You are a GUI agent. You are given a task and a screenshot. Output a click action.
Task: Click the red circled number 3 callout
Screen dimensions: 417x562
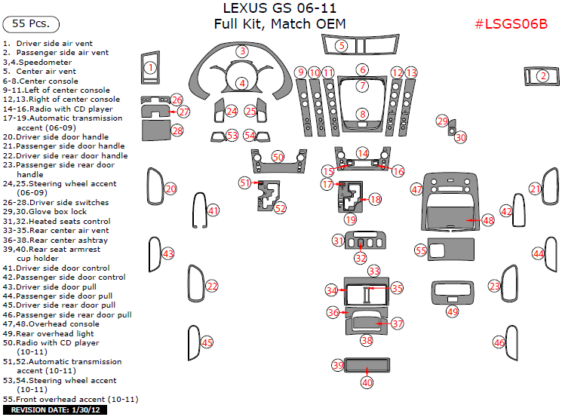(241, 51)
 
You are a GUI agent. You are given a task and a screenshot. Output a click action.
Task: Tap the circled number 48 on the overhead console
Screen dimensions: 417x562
(488, 220)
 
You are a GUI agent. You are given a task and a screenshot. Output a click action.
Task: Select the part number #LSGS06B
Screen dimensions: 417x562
(510, 23)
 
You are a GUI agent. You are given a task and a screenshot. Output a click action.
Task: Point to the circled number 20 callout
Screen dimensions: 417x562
(171, 189)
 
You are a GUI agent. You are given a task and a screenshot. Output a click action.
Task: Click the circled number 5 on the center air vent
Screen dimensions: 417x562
(342, 46)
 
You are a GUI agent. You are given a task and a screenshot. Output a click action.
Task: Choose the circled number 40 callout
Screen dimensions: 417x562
(367, 382)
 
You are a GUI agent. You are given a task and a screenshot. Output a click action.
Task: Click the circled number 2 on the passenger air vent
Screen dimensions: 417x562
(542, 75)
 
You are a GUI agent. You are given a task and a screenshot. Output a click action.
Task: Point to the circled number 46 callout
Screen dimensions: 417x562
(499, 342)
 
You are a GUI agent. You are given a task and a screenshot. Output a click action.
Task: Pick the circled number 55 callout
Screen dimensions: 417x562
(421, 250)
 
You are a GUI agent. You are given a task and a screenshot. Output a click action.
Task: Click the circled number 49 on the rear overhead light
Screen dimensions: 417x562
(452, 311)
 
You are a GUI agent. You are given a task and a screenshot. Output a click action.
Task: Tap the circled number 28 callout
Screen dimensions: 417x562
(177, 130)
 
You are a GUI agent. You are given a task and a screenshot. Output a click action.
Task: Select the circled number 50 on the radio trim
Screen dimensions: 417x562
(278, 157)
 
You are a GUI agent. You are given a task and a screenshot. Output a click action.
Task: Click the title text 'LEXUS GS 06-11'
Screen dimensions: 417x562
(280, 8)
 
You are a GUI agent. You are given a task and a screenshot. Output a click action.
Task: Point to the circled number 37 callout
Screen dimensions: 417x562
(398, 323)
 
